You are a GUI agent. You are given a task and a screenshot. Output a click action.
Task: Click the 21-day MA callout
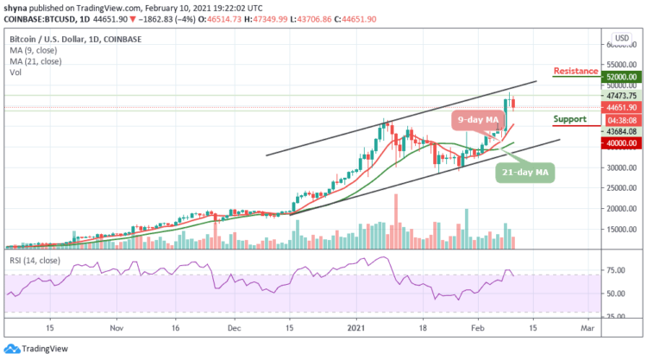(x=525, y=174)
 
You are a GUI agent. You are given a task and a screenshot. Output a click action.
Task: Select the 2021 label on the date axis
(x=359, y=329)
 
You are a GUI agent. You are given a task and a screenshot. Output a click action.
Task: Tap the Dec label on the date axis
(x=234, y=329)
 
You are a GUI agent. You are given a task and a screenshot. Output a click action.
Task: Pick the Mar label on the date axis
(x=587, y=329)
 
